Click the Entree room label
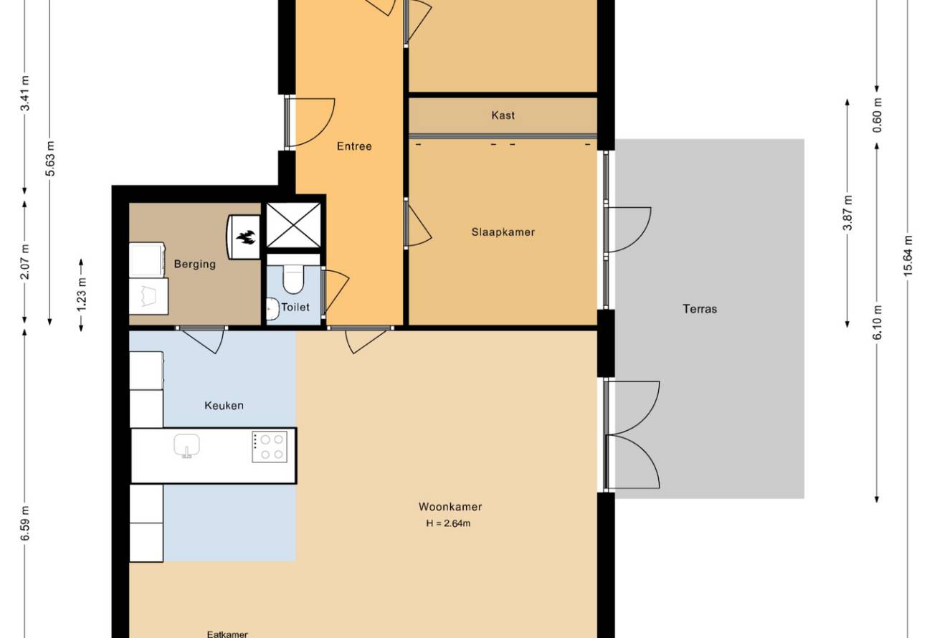[x=354, y=146]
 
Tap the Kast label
[x=503, y=115]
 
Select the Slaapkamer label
[x=503, y=232]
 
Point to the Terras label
[x=700, y=309]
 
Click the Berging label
[x=195, y=264]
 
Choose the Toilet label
[x=295, y=308]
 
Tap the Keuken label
[x=224, y=406]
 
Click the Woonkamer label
[x=450, y=507]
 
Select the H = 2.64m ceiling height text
[x=448, y=523]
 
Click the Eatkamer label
[x=227, y=634]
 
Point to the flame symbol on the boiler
[x=245, y=237]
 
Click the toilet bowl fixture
[x=293, y=279]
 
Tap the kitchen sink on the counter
[x=187, y=446]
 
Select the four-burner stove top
[x=270, y=447]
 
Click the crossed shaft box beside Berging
[x=294, y=225]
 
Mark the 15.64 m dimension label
[x=908, y=256]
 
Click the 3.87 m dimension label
[x=848, y=212]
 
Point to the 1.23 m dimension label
[x=82, y=294]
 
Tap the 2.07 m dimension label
[x=25, y=262]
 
